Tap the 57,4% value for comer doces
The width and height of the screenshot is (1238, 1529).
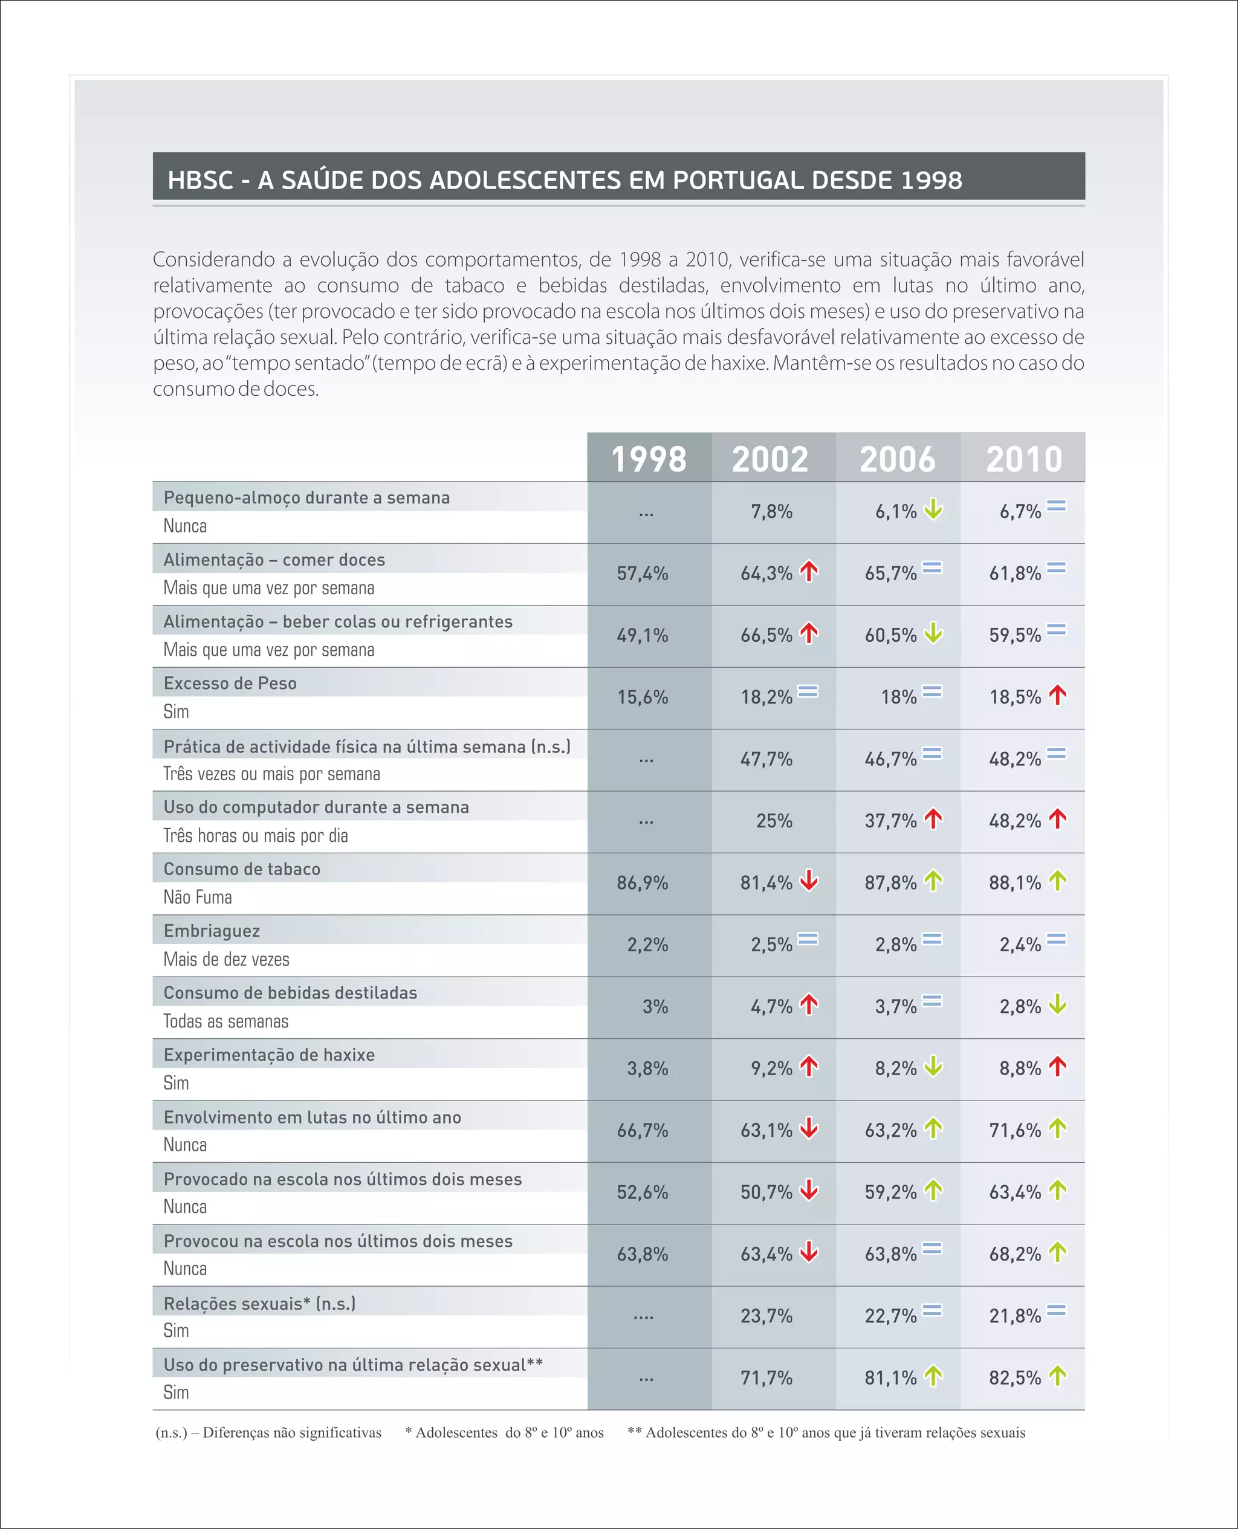click(x=643, y=574)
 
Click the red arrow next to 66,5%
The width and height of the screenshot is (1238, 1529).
click(x=809, y=633)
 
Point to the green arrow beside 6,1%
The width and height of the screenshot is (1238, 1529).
click(x=933, y=509)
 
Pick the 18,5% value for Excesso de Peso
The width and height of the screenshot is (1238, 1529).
click(x=1015, y=697)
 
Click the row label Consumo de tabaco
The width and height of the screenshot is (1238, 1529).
click(x=242, y=869)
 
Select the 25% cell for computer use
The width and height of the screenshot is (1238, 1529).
click(x=774, y=821)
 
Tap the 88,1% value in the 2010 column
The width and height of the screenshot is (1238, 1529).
click(x=1015, y=883)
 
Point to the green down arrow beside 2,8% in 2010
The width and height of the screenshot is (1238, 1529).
click(x=1058, y=1004)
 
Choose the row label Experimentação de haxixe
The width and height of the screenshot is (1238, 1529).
click(x=269, y=1055)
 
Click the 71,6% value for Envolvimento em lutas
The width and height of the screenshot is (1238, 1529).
click(x=1015, y=1131)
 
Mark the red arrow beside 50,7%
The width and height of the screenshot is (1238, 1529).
click(x=809, y=1191)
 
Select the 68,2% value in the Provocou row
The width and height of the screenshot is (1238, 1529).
click(x=1015, y=1255)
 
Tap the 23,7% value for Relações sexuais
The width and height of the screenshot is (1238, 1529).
click(x=766, y=1316)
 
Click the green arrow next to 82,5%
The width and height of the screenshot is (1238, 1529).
click(x=1058, y=1375)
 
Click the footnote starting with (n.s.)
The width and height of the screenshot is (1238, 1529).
click(x=268, y=1433)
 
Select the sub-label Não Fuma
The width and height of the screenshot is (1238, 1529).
click(x=198, y=897)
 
